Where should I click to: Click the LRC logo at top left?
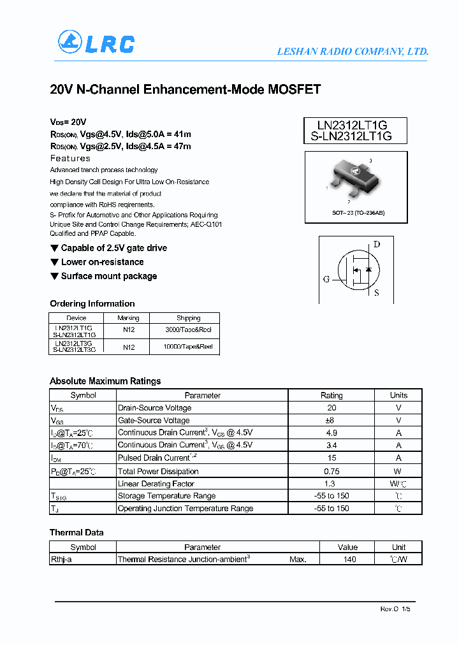click(96, 43)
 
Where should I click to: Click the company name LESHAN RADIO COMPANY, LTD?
click(353, 52)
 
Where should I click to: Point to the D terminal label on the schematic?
click(376, 244)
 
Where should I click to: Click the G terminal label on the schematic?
click(326, 279)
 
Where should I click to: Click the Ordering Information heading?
click(92, 303)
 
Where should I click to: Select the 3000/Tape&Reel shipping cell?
click(188, 331)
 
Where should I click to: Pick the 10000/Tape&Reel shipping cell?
click(188, 347)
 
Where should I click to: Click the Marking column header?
click(129, 318)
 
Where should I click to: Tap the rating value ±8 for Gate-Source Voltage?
click(331, 420)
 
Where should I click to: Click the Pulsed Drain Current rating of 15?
click(331, 458)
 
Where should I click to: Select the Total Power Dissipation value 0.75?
click(331, 471)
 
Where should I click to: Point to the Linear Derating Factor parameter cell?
click(156, 484)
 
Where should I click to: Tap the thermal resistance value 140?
click(348, 559)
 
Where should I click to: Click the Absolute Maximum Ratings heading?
click(105, 381)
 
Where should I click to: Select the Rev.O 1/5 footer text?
click(396, 609)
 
